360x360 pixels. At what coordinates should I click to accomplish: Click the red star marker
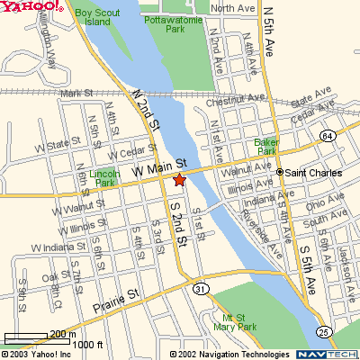coord(178,180)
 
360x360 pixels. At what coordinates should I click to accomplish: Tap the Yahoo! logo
coord(32,7)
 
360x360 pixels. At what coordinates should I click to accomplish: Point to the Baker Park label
coord(266,147)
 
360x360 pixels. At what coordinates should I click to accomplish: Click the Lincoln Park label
coord(105,177)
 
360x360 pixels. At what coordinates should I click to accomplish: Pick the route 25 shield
coord(322,333)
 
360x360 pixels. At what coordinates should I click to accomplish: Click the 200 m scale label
coord(62,334)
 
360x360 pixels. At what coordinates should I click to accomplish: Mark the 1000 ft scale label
coord(87,344)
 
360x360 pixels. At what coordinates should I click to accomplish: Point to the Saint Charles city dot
coord(279,171)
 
